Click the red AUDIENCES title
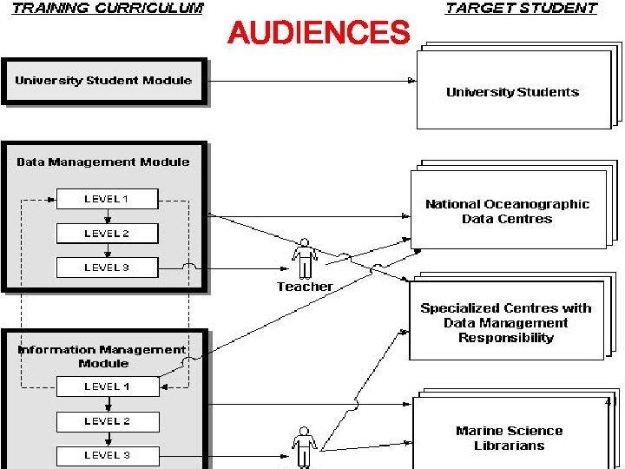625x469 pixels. [x=318, y=34]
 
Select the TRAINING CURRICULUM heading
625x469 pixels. [x=108, y=9]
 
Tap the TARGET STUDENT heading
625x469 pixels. [x=521, y=9]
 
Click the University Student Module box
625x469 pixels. [x=103, y=81]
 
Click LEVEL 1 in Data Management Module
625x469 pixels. [x=107, y=199]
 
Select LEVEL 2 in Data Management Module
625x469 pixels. [x=107, y=234]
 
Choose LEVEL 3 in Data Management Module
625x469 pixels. [x=107, y=268]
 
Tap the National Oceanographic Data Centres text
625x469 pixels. [x=507, y=212]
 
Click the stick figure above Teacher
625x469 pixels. [x=305, y=258]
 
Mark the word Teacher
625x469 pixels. [x=305, y=287]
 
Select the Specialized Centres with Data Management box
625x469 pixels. [x=505, y=322]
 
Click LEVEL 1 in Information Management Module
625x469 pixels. [x=107, y=386]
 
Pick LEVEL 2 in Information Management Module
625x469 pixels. [x=107, y=421]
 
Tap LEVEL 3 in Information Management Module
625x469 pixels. [x=107, y=455]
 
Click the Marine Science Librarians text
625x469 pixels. [x=510, y=438]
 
